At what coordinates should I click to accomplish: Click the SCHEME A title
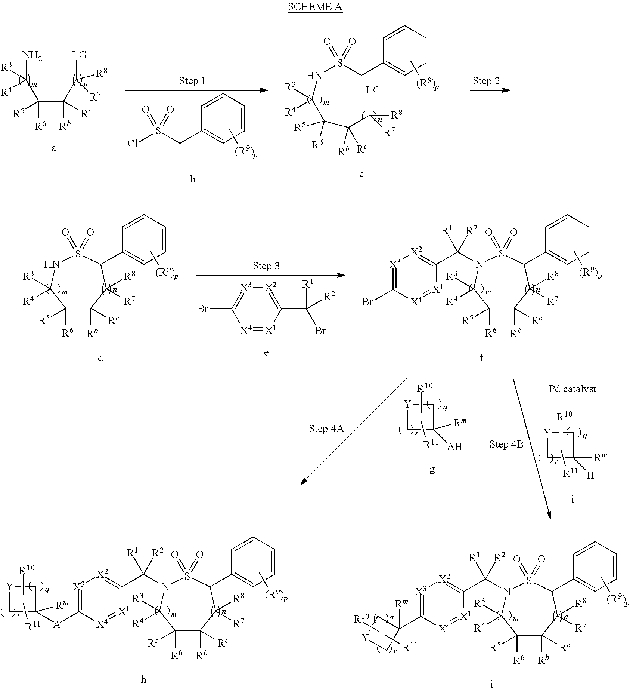[315, 7]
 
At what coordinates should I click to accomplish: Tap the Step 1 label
[192, 81]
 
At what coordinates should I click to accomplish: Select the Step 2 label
[486, 81]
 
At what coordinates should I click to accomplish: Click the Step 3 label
[266, 266]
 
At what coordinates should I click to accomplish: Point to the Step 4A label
[326, 429]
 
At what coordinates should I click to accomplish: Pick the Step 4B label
[506, 444]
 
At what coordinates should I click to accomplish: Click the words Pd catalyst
[572, 389]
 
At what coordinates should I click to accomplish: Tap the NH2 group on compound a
[32, 56]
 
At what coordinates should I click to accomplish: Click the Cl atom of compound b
[133, 144]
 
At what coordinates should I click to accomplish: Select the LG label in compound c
[373, 90]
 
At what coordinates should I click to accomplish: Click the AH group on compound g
[454, 446]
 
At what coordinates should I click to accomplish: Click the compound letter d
[100, 357]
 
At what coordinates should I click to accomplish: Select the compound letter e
[266, 352]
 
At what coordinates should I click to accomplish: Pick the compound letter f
[481, 358]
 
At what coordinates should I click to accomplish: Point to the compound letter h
[143, 679]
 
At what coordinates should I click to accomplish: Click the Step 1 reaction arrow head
[264, 90]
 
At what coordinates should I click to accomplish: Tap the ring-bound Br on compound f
[367, 302]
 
